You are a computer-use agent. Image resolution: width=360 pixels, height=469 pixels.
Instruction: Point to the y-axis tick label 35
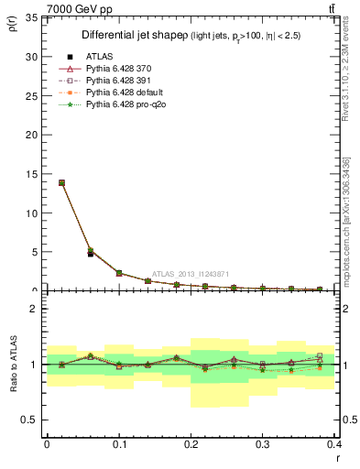point(32,17)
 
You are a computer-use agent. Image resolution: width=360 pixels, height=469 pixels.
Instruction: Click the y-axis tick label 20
point(32,135)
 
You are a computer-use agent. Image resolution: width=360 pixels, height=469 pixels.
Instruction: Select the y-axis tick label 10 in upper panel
point(32,213)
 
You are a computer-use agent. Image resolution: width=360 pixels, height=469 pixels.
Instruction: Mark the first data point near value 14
point(61,182)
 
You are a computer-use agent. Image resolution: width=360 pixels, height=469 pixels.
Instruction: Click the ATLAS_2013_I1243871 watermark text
point(189,274)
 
